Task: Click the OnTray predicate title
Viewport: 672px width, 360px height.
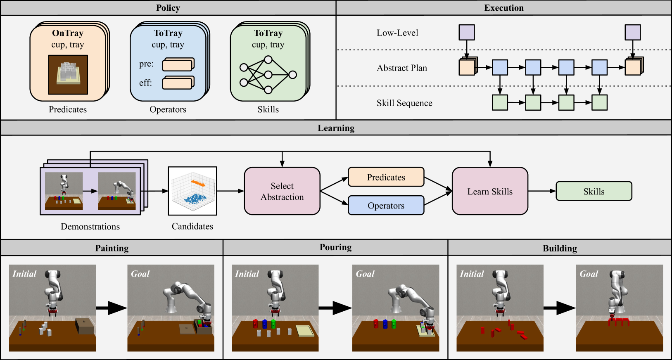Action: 68,33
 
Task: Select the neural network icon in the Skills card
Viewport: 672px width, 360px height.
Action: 268,75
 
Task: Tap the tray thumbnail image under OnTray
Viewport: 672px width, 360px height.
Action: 68,75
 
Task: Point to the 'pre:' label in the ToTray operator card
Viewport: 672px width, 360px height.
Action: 146,64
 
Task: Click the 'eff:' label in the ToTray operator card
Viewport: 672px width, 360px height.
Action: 145,83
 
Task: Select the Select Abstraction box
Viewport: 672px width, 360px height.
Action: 282,191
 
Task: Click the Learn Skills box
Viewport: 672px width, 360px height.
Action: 490,191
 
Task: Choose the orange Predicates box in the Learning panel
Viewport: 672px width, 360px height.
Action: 386,177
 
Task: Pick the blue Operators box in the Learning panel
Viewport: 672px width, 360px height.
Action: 386,205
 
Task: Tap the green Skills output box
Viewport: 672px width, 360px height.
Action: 594,191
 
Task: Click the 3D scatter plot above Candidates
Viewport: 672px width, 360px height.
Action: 192,191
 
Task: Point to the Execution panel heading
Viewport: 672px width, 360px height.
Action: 504,8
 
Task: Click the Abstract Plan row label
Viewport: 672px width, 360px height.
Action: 402,68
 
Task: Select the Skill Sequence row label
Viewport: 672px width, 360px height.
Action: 404,103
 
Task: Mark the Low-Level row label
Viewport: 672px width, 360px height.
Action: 397,33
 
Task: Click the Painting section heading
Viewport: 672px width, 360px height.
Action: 112,248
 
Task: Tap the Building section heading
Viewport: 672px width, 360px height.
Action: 560,249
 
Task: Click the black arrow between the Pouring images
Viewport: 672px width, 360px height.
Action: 335,308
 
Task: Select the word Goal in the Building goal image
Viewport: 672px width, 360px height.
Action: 589,274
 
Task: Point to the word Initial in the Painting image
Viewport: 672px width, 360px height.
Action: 24,274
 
